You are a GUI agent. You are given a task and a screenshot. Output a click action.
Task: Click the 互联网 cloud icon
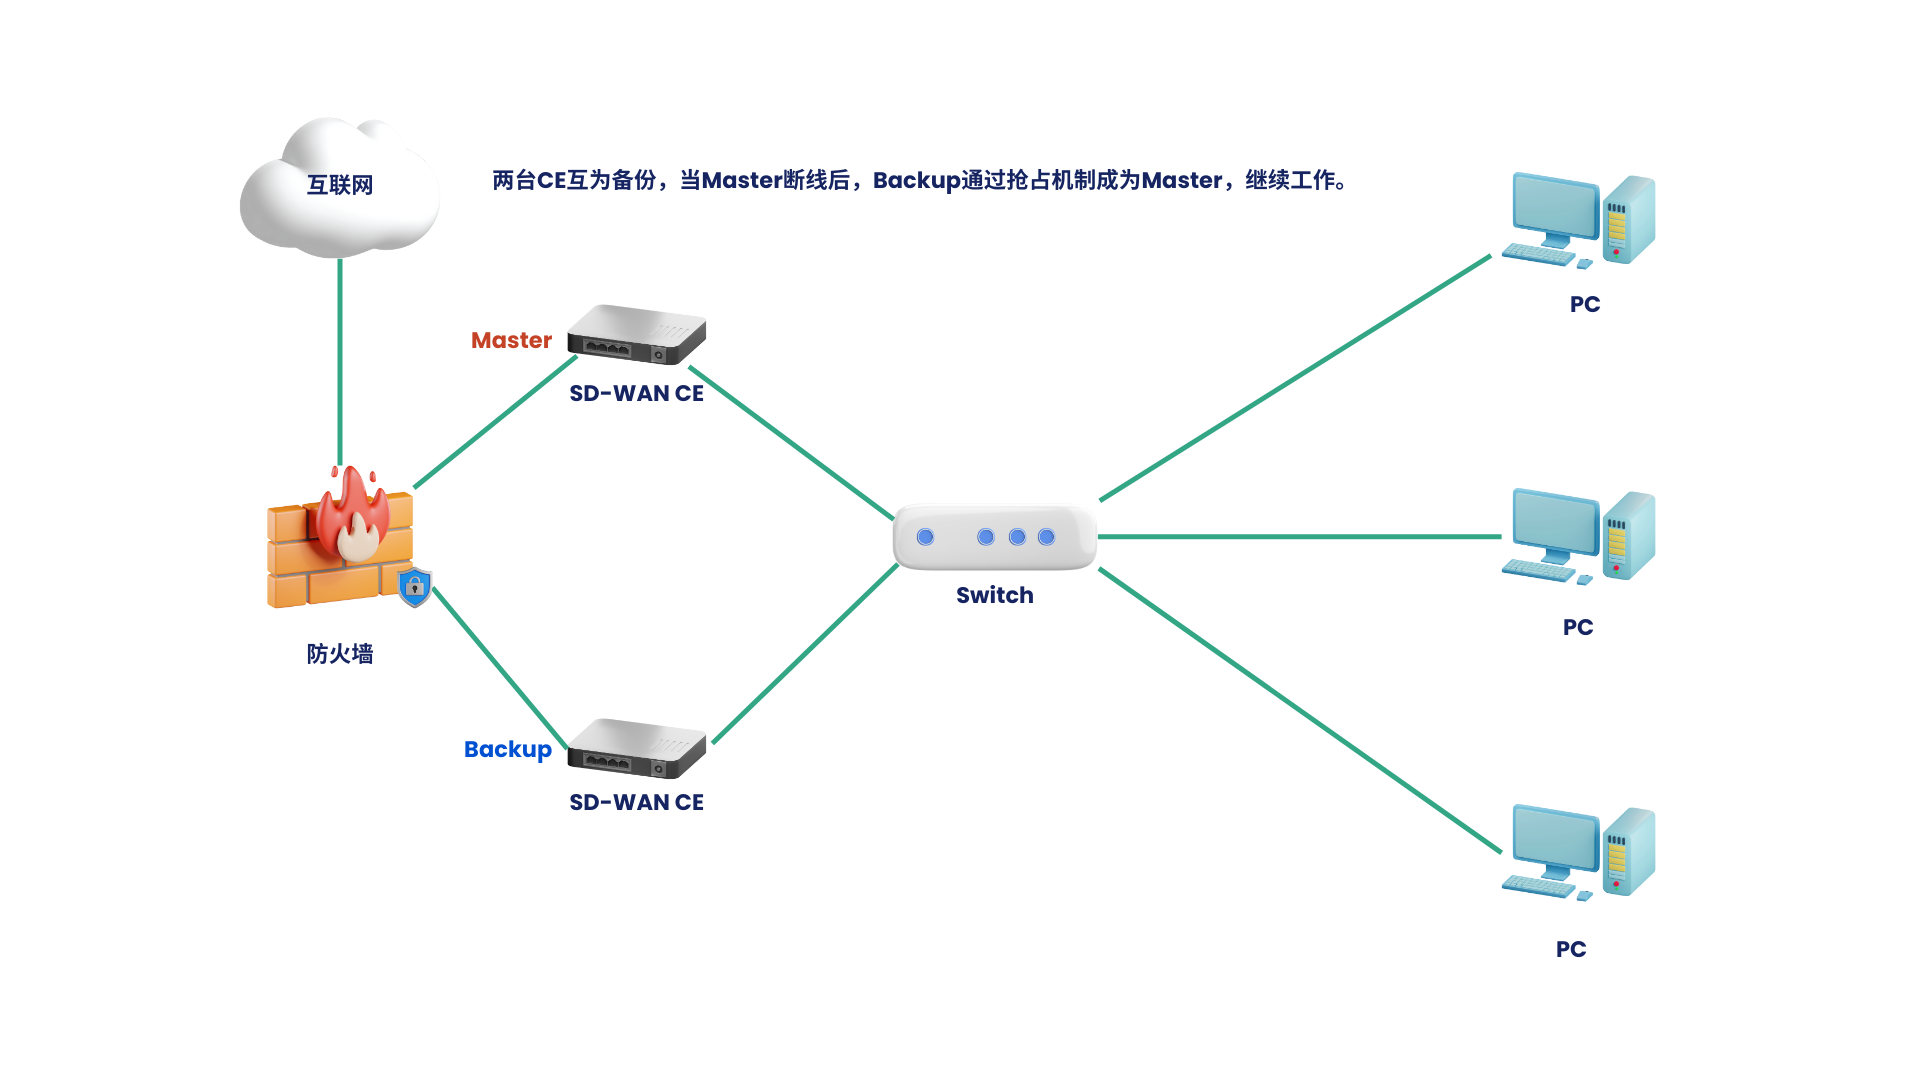point(339,187)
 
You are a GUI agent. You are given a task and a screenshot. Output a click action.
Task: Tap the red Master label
point(511,340)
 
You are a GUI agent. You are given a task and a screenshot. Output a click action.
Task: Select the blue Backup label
point(508,750)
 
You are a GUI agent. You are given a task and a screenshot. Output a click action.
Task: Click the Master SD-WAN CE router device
point(637,334)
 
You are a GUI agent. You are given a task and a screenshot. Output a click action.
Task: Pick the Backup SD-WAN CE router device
point(637,748)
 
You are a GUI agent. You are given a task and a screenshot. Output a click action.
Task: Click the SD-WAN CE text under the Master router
point(637,394)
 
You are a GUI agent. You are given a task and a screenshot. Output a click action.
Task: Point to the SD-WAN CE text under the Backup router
point(637,803)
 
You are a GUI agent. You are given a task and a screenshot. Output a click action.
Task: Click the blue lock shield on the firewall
point(415,587)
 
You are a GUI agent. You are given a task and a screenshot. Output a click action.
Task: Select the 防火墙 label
point(340,654)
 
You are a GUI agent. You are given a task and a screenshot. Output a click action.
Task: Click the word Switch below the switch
point(995,596)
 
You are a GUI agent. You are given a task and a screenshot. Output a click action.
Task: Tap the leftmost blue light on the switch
point(926,537)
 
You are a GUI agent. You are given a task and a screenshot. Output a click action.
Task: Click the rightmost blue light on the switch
point(1047,537)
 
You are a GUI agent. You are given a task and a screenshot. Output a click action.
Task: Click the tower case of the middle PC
point(1629,535)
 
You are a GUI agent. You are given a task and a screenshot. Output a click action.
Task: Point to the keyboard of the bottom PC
point(1538,886)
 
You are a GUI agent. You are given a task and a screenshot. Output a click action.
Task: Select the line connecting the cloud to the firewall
point(340,362)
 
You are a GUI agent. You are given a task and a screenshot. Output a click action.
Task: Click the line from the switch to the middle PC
point(1300,537)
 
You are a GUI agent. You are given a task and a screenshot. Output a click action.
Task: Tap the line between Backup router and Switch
point(805,654)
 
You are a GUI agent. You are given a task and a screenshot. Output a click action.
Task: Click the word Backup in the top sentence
point(917,181)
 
